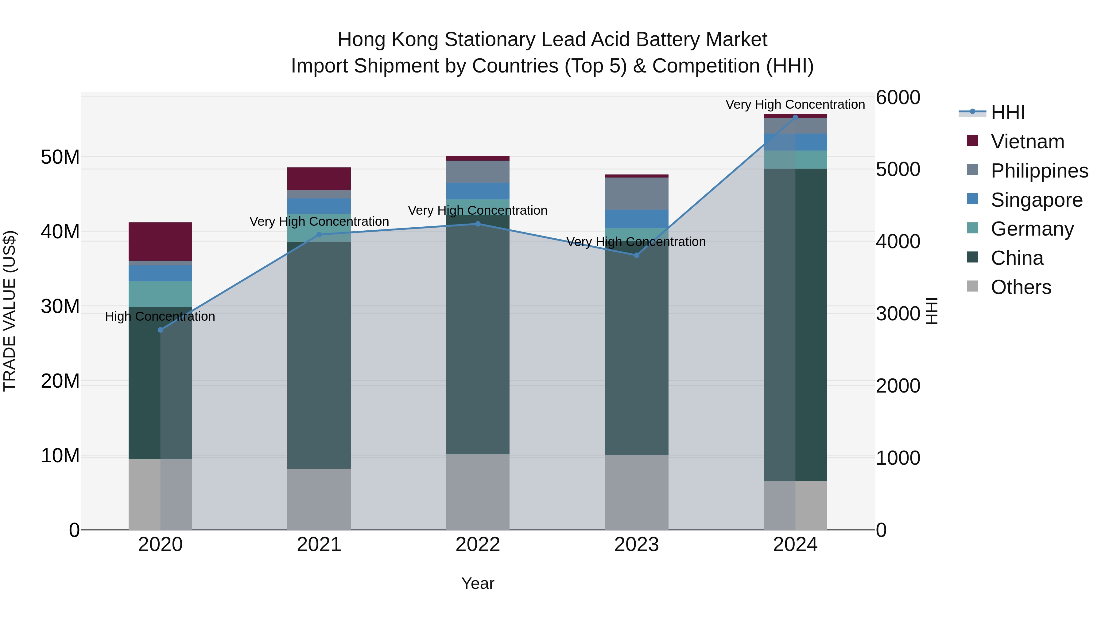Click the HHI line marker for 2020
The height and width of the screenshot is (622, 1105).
tap(161, 330)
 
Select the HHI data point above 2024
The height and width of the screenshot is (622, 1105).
tap(795, 117)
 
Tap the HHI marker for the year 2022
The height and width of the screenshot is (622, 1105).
tap(478, 224)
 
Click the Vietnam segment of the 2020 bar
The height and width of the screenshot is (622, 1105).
tap(161, 241)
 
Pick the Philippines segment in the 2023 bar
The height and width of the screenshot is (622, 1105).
tap(637, 193)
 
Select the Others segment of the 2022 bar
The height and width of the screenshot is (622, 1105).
tap(478, 491)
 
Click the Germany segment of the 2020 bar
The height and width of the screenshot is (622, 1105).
tap(161, 294)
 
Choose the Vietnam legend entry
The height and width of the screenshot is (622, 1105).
tap(1027, 142)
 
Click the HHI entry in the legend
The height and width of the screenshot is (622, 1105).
tap(1008, 112)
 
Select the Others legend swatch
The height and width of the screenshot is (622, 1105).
tap(972, 286)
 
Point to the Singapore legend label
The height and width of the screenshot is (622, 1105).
tap(1036, 200)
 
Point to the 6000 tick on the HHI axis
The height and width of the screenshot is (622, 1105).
tap(898, 97)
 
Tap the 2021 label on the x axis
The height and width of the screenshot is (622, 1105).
tap(319, 545)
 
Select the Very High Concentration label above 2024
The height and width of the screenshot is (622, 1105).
tap(795, 104)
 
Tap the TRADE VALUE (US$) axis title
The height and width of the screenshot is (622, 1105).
tap(10, 311)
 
